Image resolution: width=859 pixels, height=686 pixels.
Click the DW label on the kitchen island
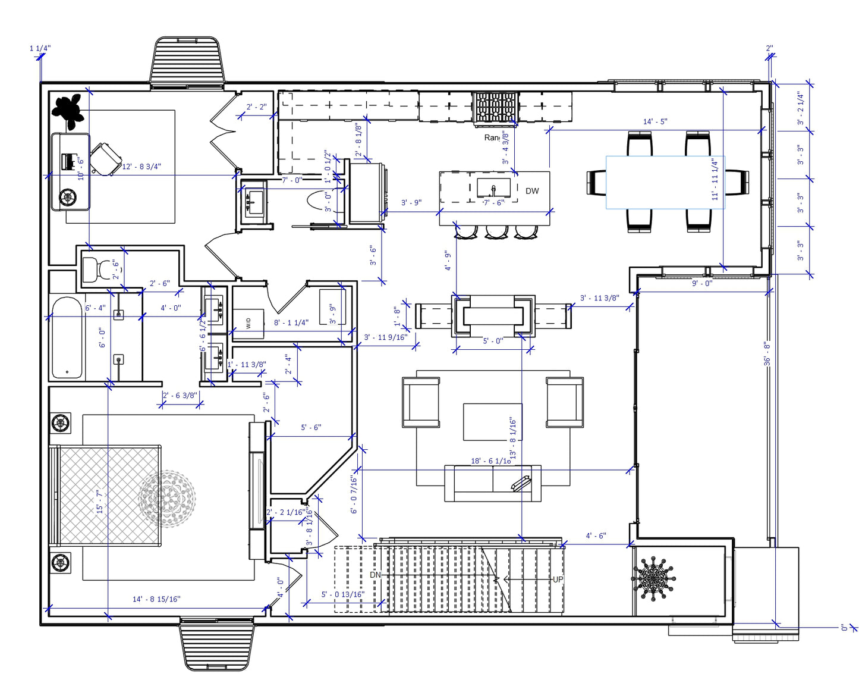tap(532, 191)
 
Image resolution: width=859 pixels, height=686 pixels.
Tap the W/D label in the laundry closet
tap(248, 323)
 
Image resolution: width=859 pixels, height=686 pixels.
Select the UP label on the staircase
tap(558, 580)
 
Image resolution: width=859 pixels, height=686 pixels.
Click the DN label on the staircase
tap(375, 575)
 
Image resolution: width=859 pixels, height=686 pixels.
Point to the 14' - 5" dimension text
tap(655, 122)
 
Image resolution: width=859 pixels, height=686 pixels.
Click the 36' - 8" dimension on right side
tap(767, 353)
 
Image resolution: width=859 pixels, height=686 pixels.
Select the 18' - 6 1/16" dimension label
tap(490, 461)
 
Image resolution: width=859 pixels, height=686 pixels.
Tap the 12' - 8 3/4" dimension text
tap(141, 167)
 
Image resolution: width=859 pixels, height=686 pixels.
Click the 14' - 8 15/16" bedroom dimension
tap(156, 599)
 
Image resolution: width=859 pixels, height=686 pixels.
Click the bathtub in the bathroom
tap(67, 337)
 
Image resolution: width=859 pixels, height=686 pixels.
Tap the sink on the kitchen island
tap(493, 189)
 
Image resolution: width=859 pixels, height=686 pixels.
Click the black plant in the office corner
tap(68, 110)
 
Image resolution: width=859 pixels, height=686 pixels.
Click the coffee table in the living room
tap(492, 422)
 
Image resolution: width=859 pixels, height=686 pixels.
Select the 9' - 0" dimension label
tap(701, 283)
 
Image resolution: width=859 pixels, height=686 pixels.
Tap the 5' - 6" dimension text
tap(310, 428)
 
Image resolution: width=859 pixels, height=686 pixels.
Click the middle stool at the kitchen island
tap(496, 231)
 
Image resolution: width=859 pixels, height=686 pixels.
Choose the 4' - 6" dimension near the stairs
tap(596, 536)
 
